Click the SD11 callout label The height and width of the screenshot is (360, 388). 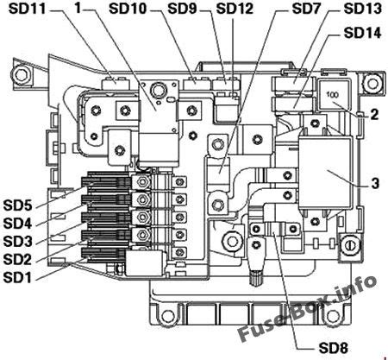[x=27, y=9]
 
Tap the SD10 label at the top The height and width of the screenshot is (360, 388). [x=128, y=9]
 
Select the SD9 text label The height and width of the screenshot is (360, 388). [x=182, y=9]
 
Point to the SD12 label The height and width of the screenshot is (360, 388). [x=235, y=9]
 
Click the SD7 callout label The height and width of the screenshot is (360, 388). [x=306, y=9]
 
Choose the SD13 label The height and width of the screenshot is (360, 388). [x=362, y=9]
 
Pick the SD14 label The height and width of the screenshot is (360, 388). [x=362, y=33]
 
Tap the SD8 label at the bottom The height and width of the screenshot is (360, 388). [x=334, y=348]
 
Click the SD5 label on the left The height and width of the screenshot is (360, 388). [x=18, y=205]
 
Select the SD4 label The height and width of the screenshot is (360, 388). [x=18, y=224]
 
